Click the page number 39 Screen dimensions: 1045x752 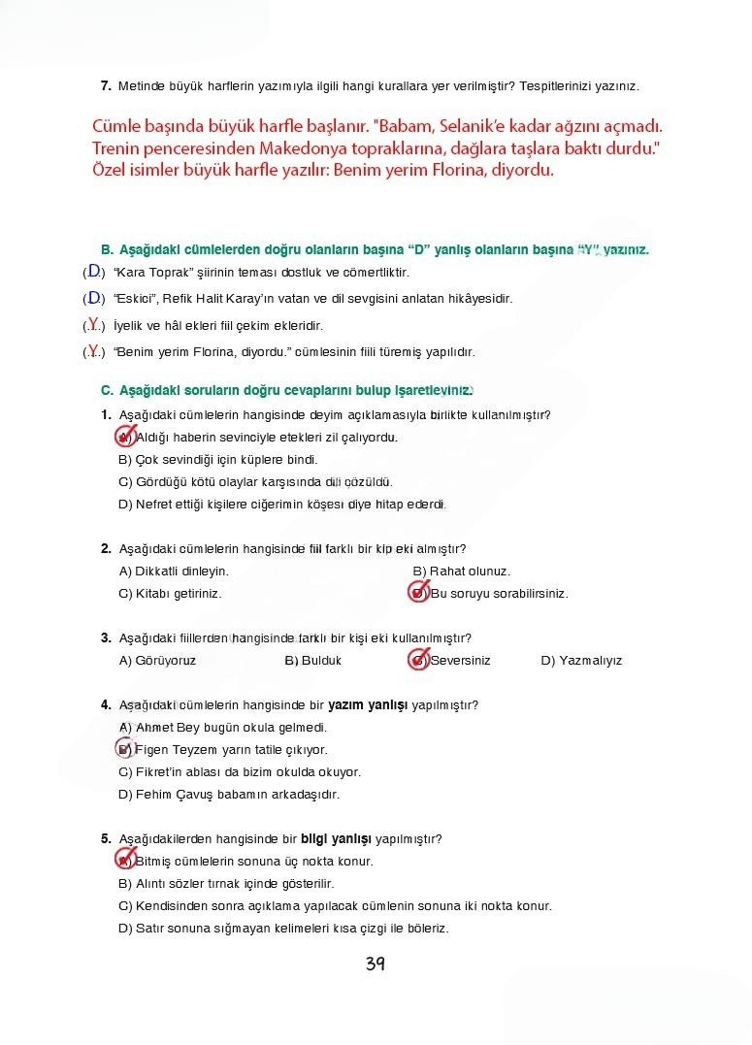376,963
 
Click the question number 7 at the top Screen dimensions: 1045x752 106,86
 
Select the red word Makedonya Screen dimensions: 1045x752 307,148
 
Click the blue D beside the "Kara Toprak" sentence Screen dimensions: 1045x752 94,272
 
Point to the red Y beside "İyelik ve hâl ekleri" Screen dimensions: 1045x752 94,324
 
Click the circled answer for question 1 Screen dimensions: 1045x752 125,437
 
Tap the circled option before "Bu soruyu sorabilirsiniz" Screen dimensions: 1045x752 418,593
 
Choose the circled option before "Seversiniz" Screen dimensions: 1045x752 418,661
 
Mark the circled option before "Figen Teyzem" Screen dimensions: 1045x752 125,749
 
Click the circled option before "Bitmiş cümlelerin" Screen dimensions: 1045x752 125,861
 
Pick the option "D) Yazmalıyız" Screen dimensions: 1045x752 581,661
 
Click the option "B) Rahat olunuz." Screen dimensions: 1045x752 461,571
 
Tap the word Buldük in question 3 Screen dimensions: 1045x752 321,661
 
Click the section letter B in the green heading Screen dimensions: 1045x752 107,249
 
